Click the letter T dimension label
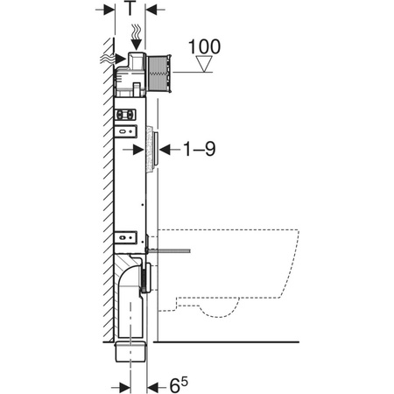tap(130, 11)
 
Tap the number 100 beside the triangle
tap(203, 46)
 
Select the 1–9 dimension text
tap(198, 150)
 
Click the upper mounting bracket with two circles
tap(126, 113)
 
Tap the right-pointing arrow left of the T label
tap(104, 11)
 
